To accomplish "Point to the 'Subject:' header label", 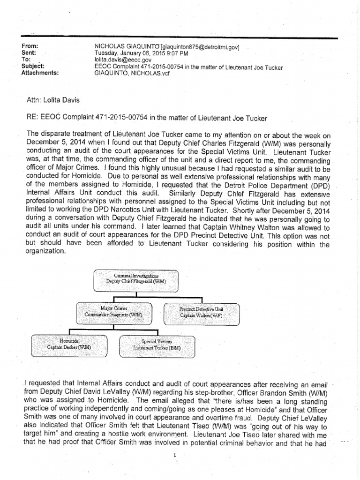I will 33,67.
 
